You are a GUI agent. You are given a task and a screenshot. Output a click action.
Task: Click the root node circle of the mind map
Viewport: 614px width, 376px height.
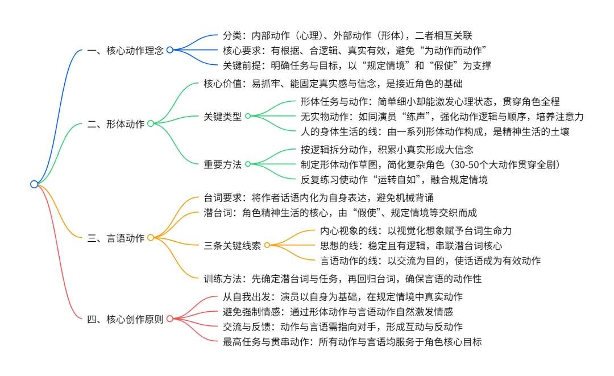coord(34,184)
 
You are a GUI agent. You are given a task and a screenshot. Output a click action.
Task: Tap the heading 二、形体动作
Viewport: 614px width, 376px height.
coord(117,123)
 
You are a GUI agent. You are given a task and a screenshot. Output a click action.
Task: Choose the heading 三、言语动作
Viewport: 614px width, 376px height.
coord(117,237)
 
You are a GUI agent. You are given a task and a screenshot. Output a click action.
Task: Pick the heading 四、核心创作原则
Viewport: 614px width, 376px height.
coord(126,319)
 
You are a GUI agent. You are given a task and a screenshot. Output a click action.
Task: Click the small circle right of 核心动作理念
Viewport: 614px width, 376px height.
coord(169,50)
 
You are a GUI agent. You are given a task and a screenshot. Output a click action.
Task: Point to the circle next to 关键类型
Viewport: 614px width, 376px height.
coord(248,117)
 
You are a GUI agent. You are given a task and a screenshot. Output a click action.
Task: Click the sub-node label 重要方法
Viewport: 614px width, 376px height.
coord(222,164)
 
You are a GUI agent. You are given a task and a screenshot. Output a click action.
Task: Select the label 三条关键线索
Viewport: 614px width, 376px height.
coord(232,245)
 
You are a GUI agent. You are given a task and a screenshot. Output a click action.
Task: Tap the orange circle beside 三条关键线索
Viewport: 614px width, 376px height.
coord(267,245)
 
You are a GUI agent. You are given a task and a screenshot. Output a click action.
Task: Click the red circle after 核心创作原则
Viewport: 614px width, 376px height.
coord(169,319)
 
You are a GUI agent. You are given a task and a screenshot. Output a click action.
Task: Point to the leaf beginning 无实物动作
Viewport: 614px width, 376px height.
coord(442,117)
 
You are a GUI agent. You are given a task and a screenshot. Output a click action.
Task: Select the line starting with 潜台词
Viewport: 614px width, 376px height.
coord(340,213)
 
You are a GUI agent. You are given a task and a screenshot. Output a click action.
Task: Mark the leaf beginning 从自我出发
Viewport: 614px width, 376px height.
coord(342,297)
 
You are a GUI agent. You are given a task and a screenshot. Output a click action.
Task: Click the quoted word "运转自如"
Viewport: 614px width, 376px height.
coord(412,180)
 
